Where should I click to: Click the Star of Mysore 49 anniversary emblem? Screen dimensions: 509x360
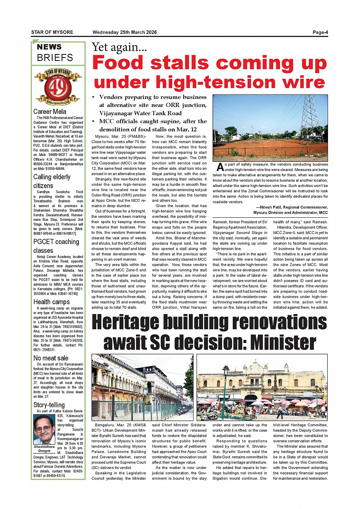pos(58,87)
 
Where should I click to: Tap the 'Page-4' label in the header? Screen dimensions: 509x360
pos(320,32)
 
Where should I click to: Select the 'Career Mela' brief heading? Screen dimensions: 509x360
pos(50,112)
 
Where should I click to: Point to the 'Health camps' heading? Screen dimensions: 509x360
pos(51,302)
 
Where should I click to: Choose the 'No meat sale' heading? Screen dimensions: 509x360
pos(51,358)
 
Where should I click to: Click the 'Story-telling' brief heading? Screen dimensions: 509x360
pos(49,405)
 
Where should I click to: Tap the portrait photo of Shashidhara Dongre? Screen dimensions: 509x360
pos(44,429)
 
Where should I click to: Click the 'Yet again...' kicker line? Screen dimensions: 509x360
pos(119,47)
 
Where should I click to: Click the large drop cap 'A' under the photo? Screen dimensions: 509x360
pos(220,167)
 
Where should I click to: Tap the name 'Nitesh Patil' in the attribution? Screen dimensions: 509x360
pos(272,207)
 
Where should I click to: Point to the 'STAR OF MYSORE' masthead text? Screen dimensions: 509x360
pos(52,32)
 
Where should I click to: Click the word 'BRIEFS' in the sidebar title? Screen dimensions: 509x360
pos(55,58)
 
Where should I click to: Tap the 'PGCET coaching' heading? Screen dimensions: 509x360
pos(56,242)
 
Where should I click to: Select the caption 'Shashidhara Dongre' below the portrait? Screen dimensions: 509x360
pos(44,448)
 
